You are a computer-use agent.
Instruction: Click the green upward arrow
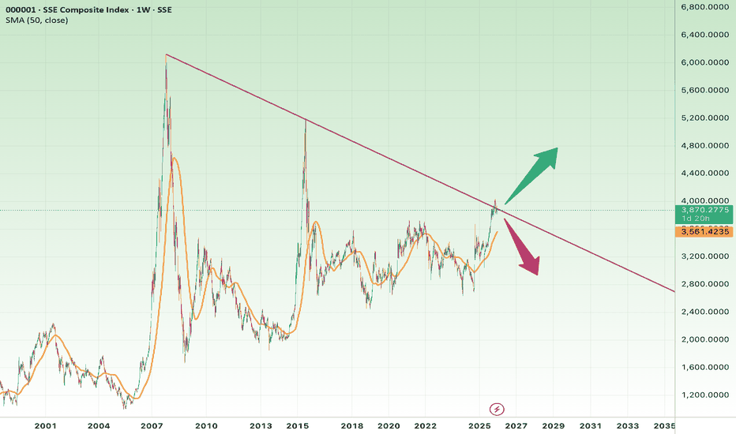point(533,174)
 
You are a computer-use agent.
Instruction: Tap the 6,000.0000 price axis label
point(705,62)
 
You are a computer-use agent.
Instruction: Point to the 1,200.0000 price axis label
point(705,395)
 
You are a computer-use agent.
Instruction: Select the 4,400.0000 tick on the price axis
point(705,174)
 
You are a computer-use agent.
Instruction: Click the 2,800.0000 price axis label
point(705,284)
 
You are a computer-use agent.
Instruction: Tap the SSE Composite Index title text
point(88,8)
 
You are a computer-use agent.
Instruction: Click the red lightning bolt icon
point(497,408)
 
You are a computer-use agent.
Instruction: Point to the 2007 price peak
point(166,55)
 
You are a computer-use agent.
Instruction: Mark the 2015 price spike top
point(305,119)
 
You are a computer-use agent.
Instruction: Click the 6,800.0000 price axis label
point(705,7)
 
